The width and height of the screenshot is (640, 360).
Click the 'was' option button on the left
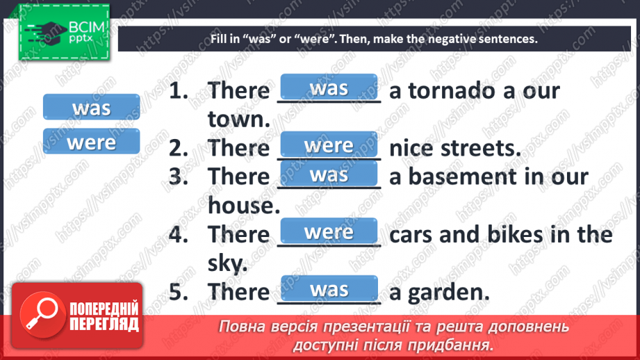pos(91,108)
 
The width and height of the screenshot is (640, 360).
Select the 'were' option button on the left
pos(91,142)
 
